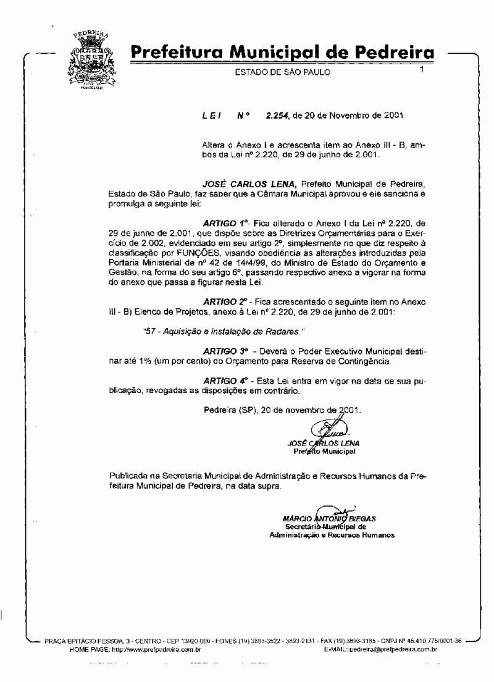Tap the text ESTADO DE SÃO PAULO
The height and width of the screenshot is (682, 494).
pos(283,72)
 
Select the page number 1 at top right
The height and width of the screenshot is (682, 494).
pos(422,70)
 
